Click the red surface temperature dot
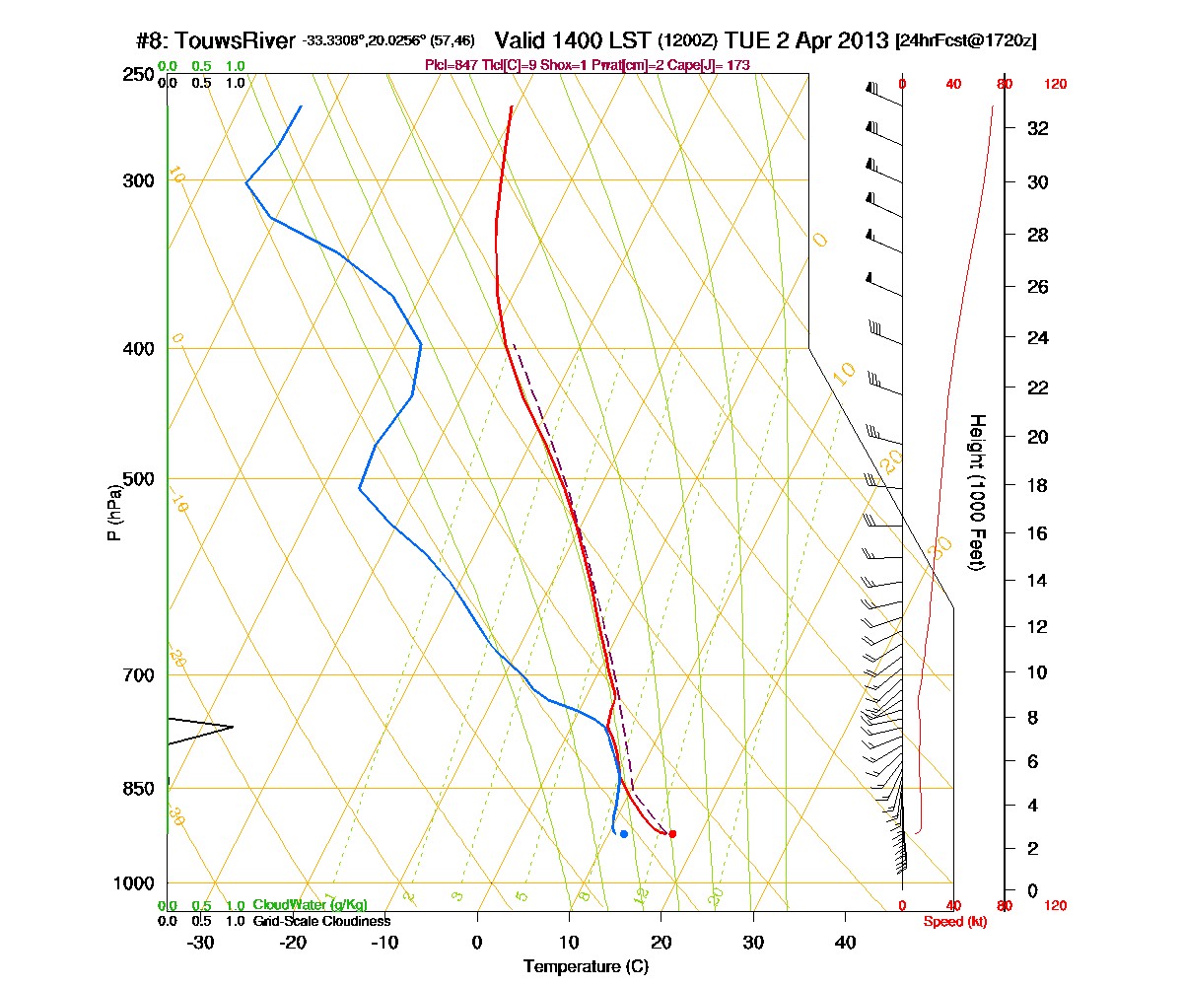pos(672,833)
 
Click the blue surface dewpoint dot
pos(623,834)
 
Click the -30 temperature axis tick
pos(200,943)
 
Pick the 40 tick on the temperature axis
pos(845,943)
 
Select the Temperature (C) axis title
pos(586,966)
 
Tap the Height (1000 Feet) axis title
pos(977,492)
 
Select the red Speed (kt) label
pos(954,921)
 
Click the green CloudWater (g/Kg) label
pos(310,905)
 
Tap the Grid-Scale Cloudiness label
pos(321,921)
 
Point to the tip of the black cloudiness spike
pos(233,727)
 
